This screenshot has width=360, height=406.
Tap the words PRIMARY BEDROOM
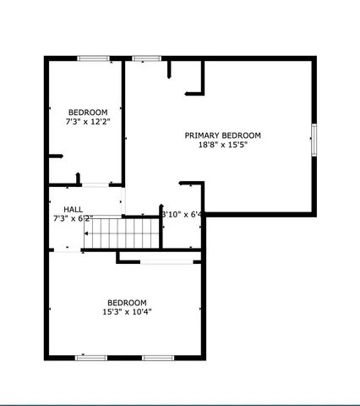(223, 135)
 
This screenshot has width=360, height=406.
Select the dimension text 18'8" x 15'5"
(223, 145)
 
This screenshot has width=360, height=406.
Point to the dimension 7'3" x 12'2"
(88, 122)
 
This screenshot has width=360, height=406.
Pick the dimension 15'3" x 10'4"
(127, 311)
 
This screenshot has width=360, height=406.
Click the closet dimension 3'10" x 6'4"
(183, 214)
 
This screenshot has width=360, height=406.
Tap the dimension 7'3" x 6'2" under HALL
(72, 218)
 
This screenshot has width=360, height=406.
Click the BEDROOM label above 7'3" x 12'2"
(88, 112)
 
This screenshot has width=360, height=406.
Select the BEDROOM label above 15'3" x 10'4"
(127, 302)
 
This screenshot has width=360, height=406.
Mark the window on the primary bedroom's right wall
(314, 140)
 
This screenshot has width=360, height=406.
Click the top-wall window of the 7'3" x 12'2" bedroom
(93, 58)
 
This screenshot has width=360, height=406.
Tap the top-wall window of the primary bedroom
(146, 58)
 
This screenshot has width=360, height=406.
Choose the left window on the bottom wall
(91, 358)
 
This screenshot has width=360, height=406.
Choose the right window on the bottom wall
(157, 358)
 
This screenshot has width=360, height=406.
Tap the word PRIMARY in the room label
(202, 135)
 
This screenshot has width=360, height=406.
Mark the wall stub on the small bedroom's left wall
(56, 156)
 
